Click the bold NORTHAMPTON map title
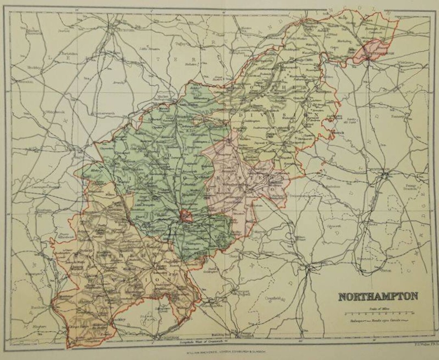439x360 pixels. (x=378, y=296)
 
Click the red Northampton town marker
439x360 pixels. (x=186, y=215)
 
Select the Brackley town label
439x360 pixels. (x=105, y=320)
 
